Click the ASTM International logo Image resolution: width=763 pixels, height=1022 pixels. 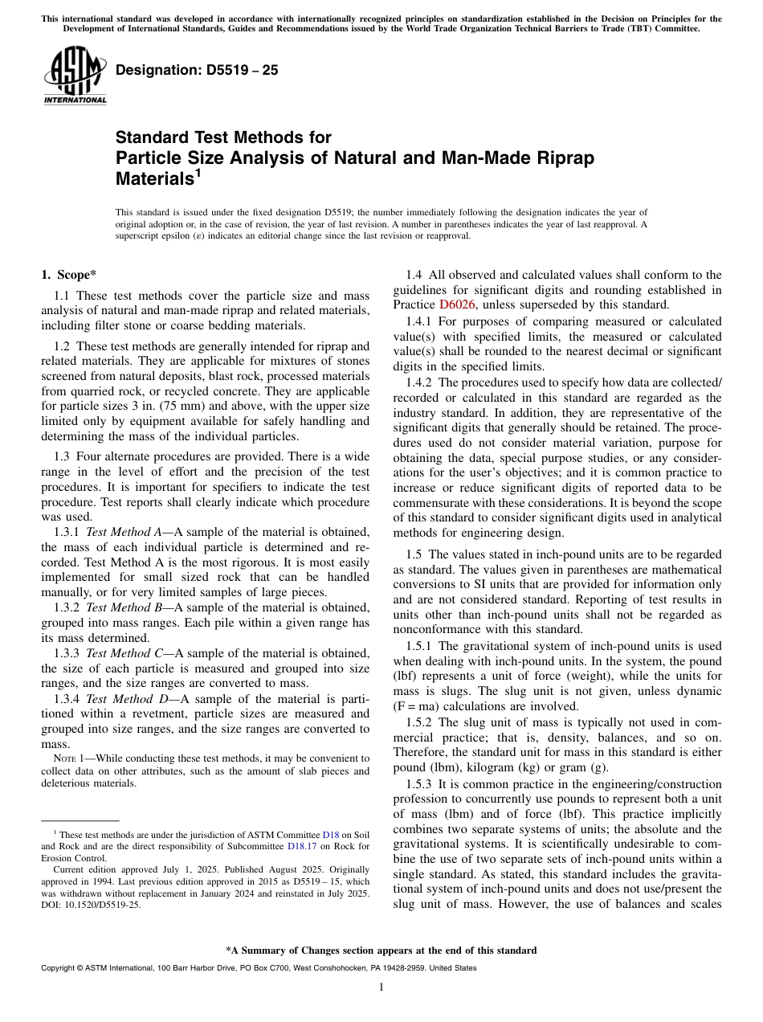click(75, 76)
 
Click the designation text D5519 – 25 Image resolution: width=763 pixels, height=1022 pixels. click(197, 70)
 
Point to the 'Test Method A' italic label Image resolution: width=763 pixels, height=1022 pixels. click(124, 532)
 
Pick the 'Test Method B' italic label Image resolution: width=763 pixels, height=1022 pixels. click(124, 608)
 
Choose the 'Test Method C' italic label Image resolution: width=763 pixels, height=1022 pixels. click(124, 654)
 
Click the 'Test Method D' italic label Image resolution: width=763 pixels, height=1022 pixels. click(124, 699)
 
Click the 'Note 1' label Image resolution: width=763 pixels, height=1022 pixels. click(64, 758)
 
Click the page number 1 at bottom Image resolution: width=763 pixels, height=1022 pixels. click(381, 987)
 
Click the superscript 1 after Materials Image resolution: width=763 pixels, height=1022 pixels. click(198, 173)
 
